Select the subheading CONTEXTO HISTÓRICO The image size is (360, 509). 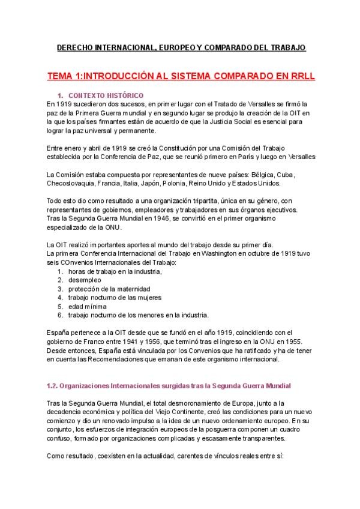(x=106, y=95)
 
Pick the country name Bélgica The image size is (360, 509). (x=265, y=174)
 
